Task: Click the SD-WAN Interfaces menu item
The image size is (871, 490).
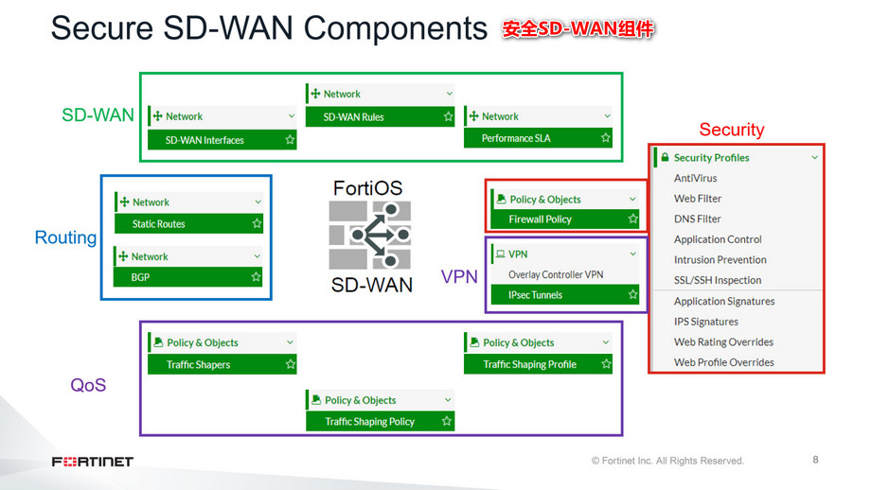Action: coord(204,140)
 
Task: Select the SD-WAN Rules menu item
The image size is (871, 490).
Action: coord(353,117)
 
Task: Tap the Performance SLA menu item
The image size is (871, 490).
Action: coord(516,138)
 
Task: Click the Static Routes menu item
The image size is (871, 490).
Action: coord(159,224)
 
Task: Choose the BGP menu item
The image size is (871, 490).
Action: coord(140,277)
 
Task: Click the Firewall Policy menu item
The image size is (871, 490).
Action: coord(541,219)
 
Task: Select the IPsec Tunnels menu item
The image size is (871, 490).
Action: coord(535,295)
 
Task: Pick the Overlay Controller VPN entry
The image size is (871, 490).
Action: coord(556,274)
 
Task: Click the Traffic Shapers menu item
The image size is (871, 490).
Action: coord(199,364)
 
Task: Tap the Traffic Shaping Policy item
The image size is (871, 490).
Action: coord(370,422)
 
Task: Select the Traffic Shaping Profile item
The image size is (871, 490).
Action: coord(529,364)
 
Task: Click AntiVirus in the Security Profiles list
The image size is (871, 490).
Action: coord(696,178)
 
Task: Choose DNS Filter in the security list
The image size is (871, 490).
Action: coord(698,219)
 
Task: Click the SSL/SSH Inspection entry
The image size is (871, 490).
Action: coord(718,280)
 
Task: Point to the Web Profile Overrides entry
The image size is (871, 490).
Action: coord(724,362)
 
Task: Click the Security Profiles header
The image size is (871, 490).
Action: coord(711,157)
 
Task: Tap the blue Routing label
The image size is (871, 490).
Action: coord(65,237)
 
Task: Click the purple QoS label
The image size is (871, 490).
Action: coord(88,385)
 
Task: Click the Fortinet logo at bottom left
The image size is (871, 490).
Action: coord(92,462)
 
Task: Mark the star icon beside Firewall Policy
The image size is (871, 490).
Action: coord(633,219)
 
